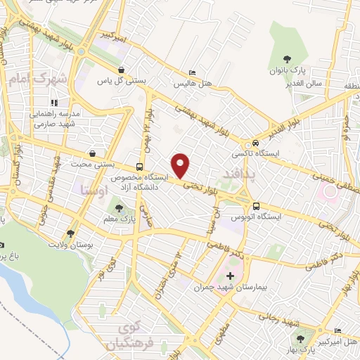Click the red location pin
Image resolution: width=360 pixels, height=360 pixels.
pos(182,165)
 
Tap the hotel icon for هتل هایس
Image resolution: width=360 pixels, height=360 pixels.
pos(193,72)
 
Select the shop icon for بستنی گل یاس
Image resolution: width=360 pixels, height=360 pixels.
pos(123,70)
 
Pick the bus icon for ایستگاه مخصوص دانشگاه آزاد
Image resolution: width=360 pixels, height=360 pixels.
pos(140,167)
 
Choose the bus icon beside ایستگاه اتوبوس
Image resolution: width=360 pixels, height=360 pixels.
pos(255,207)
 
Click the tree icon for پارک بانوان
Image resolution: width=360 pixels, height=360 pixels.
pos(286,60)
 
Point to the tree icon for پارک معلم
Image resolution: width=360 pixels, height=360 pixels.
pos(119,209)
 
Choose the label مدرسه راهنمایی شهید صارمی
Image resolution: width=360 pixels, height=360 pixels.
pos(55,118)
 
